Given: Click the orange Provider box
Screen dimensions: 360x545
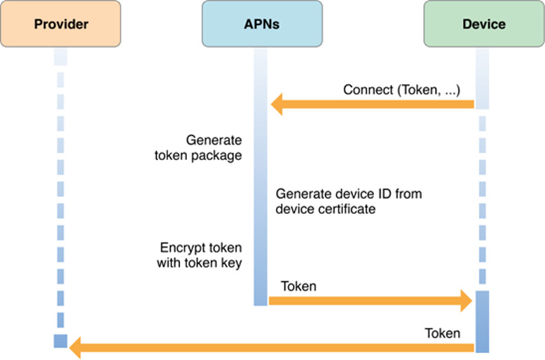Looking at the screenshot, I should (61, 25).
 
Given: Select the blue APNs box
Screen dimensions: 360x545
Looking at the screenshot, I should (262, 25).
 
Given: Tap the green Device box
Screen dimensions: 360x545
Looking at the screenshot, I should (483, 25).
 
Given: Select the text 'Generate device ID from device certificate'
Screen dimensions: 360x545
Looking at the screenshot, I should (349, 201).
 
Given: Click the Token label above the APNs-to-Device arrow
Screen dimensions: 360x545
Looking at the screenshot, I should (299, 286).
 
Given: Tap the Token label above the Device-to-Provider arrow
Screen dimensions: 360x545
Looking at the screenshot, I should (442, 333).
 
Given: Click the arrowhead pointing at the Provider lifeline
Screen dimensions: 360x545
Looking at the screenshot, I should (77, 348).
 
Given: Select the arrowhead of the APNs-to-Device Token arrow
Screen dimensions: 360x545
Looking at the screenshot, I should (464, 301).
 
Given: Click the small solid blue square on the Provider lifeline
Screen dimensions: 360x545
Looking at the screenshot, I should (61, 340).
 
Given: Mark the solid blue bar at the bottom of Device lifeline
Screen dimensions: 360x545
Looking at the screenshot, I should (482, 320).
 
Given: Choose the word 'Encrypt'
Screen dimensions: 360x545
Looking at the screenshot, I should (178, 247).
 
